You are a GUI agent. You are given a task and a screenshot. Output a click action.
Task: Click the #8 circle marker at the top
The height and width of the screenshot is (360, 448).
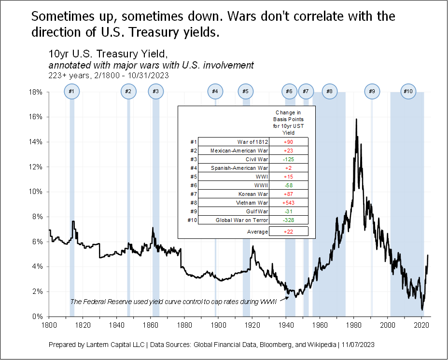click(329, 91)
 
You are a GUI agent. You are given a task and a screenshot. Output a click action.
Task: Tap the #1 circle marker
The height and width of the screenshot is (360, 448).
click(71, 91)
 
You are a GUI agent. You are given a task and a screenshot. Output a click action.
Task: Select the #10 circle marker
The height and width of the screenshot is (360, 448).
click(408, 91)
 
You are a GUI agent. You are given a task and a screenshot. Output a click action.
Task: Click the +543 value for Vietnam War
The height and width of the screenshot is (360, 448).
click(289, 203)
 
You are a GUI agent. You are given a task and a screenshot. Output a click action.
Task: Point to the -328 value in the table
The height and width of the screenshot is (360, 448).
click(289, 220)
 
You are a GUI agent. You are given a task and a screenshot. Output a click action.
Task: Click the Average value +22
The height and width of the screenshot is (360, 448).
click(289, 232)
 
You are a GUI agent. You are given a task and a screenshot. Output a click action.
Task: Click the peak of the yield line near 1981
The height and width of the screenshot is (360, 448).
click(356, 119)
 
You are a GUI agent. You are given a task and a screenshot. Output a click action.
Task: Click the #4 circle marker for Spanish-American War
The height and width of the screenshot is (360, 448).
click(215, 91)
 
